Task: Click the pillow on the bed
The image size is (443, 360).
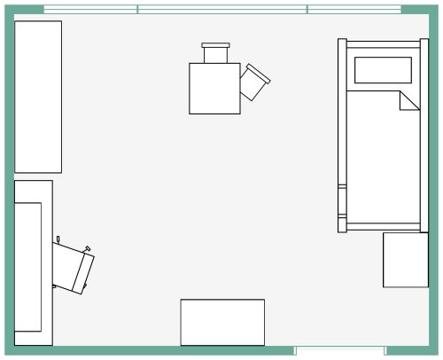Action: tap(383, 69)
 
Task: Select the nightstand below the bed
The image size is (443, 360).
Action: tap(405, 260)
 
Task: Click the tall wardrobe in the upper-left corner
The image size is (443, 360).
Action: tap(38, 97)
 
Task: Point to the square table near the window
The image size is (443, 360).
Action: tap(214, 88)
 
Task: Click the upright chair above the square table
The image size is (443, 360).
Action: tap(216, 53)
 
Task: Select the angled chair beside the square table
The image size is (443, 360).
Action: tap(255, 82)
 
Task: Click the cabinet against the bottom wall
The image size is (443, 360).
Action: tap(222, 322)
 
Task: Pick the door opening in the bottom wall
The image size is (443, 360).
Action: tap(339, 352)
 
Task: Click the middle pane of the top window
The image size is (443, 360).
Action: tap(222, 10)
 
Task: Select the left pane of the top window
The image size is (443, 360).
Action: tap(90, 10)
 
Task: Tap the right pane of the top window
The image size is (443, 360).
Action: tap(354, 10)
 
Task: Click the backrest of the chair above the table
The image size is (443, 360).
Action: tap(216, 44)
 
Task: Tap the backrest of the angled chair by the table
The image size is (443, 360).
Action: tap(263, 74)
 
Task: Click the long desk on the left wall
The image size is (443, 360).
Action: tap(32, 262)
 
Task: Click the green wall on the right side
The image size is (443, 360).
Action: tap(435, 177)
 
